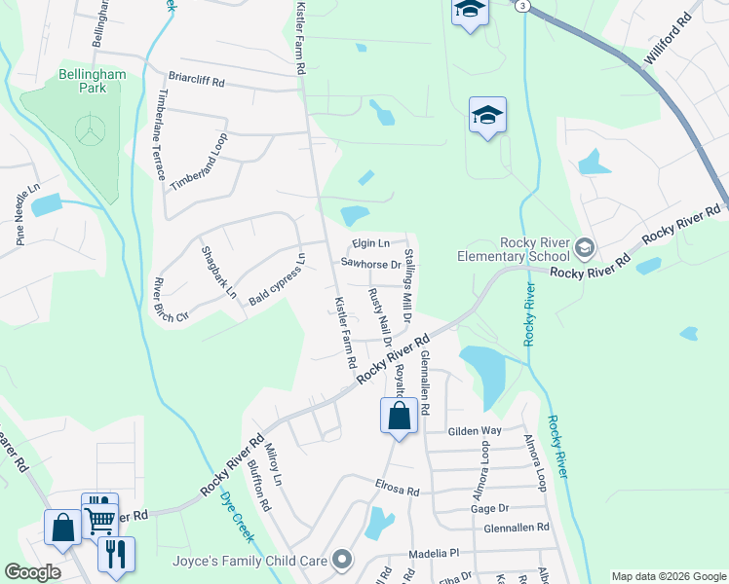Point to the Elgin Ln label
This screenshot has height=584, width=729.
(370, 243)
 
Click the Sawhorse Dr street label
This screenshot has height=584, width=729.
(371, 263)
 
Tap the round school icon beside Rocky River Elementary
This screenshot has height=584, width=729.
(584, 247)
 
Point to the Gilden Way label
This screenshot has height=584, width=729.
(474, 430)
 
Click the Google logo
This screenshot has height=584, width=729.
(32, 572)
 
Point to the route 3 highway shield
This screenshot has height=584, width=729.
(523, 6)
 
